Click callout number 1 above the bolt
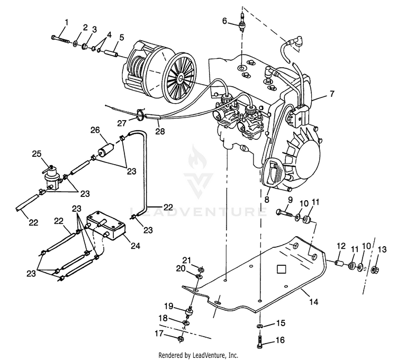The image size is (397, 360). (66, 22)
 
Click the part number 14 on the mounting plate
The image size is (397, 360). (313, 302)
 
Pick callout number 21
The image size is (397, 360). (186, 259)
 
